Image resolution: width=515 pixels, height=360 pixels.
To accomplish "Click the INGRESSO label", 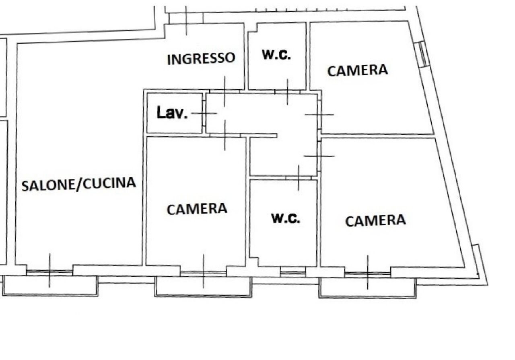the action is pos(201,59).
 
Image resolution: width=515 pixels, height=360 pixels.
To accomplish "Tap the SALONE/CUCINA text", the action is pos(78,184).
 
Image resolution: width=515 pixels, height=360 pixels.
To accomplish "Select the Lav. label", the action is pos(172,113).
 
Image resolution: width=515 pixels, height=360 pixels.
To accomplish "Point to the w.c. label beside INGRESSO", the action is pos(276,55).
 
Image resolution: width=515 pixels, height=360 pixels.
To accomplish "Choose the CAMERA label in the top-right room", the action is pos(358,70).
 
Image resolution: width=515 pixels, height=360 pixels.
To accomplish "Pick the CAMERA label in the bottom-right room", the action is pos(375,220).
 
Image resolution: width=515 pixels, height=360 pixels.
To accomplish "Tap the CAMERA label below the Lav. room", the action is pos(197,209).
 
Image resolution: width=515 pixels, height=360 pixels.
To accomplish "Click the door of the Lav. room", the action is pos(204,113).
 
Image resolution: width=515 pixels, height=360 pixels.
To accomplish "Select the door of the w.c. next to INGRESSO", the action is pos(287,92).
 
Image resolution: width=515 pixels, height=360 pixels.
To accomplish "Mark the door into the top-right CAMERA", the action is pos(319,114).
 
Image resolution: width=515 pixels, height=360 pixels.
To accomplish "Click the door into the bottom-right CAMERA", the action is pos(319,156).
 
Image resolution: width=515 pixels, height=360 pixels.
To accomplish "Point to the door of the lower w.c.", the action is pos(299,178).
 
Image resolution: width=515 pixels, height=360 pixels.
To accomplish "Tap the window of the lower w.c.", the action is pos(293,273).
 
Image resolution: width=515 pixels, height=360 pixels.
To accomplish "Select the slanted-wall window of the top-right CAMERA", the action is pos(422,54).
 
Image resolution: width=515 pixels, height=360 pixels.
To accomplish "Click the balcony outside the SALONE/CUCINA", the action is pos(50,286).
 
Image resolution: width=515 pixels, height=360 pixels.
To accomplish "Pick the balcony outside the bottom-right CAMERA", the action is pos(367,288).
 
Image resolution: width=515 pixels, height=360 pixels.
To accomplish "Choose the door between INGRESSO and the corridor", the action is pos(225,91).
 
